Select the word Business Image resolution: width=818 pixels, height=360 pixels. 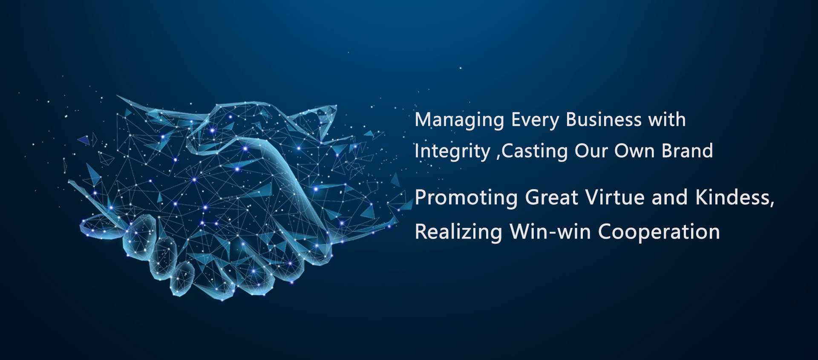(x=604, y=120)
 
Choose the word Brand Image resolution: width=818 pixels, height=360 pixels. (x=687, y=151)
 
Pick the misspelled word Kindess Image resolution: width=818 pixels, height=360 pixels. (x=732, y=198)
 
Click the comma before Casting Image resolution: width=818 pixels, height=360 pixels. (x=498, y=158)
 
